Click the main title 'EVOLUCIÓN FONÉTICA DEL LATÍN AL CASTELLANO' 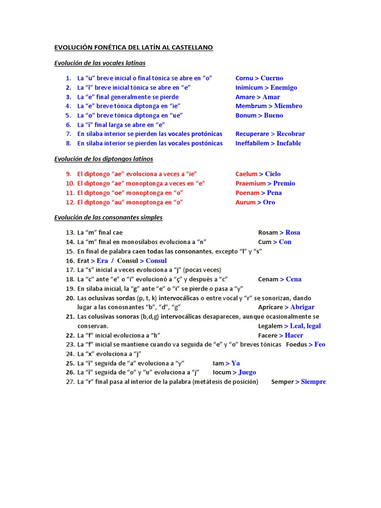coord(133,48)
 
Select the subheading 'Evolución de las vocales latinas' coord(100,63)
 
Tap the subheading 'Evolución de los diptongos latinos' coord(103,159)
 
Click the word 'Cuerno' coord(272,78)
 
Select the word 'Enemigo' coord(284,87)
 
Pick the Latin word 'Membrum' coord(252,106)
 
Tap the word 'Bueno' coord(274,116)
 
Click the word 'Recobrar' coord(291,134)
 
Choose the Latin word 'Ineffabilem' coord(252,143)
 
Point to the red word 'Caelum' coord(247,174)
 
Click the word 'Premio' coord(284,184)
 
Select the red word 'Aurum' coord(246,202)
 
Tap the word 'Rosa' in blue coord(293,233)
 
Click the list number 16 coord(69,261)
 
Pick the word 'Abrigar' coord(302,308)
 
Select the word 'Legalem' coord(270,326)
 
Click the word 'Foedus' coord(296,344)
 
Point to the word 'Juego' coord(247,372)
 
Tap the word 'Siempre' coord(314,382)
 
